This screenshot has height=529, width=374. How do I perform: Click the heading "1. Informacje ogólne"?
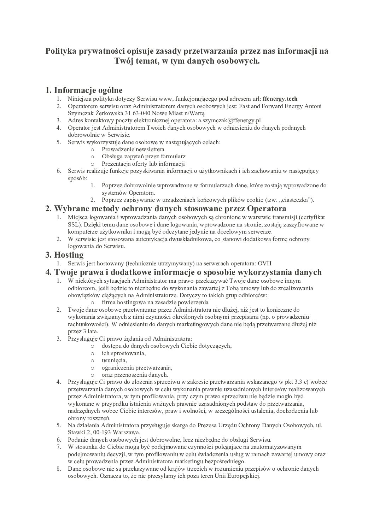[84, 90]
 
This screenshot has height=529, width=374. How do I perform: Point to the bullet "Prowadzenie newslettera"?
[133, 149]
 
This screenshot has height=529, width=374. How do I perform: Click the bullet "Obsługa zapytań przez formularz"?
[144, 157]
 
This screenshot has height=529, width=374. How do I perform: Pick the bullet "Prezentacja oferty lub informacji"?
[143, 164]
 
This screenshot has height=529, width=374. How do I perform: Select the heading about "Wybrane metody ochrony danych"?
[166, 208]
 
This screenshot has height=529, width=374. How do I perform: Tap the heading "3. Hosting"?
[65, 255]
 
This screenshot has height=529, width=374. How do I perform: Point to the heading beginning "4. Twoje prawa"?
[183, 272]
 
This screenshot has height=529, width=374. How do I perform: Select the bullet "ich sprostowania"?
[124, 353]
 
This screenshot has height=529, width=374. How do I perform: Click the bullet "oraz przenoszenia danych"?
[135, 375]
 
